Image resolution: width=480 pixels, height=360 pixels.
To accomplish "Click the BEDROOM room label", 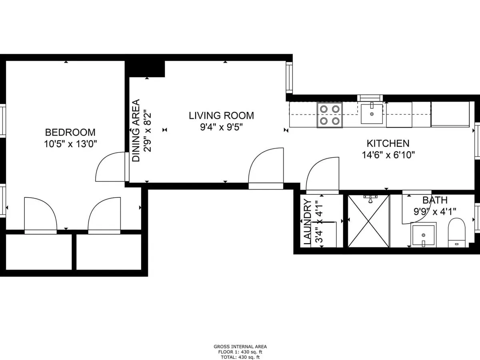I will click(x=70, y=132).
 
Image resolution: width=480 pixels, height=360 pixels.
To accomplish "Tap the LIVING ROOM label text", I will click(x=221, y=116).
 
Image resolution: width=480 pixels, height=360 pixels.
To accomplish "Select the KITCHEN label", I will click(x=388, y=143).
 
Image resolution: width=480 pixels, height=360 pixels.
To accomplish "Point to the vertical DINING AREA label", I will click(x=136, y=130).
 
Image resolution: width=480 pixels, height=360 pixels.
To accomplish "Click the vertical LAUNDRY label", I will click(x=308, y=222).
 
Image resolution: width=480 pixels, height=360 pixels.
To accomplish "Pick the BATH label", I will click(x=435, y=200).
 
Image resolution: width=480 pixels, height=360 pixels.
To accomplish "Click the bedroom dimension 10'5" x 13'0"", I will click(x=70, y=144).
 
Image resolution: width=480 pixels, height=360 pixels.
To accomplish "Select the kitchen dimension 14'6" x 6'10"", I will click(x=388, y=155).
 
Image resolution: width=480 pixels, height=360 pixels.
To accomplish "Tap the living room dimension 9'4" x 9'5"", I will click(x=221, y=127).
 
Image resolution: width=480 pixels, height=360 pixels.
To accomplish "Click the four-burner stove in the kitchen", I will click(x=330, y=115).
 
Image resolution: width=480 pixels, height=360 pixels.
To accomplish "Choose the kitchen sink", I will click(x=372, y=114).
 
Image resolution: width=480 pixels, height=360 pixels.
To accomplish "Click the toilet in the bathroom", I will click(x=457, y=233).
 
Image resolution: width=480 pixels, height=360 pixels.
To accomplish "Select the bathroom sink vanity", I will click(x=424, y=235).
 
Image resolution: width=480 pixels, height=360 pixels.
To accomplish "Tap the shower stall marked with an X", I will click(x=368, y=221).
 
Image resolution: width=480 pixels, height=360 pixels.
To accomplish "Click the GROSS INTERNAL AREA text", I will click(x=240, y=346).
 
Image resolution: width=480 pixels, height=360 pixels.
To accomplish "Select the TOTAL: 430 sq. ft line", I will click(x=240, y=357).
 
